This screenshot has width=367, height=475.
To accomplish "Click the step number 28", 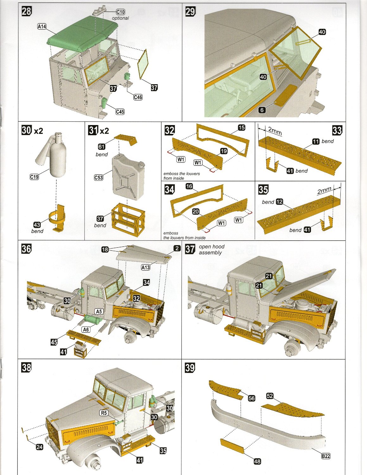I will (27, 11).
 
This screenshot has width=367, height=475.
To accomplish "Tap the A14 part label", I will (42, 27).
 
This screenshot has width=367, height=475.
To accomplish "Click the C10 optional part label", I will (121, 12).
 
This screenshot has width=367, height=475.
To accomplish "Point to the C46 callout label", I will (138, 97).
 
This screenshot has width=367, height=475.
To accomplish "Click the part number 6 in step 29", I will (262, 110).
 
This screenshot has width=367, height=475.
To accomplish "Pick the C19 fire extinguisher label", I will (34, 177).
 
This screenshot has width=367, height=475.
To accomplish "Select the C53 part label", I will (98, 178).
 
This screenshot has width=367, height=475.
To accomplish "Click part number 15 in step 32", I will (242, 127).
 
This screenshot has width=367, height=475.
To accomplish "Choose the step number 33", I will (337, 130).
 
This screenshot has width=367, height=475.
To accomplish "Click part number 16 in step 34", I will (189, 186).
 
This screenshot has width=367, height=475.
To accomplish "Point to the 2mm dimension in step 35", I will (324, 191).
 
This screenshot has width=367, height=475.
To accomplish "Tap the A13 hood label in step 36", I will (145, 267).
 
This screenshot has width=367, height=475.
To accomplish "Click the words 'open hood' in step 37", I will (212, 246).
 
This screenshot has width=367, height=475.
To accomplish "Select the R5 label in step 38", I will (104, 413).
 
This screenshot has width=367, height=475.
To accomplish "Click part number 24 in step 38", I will (39, 447).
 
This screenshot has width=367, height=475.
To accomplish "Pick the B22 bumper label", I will (326, 456).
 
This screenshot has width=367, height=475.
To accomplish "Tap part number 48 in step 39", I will (257, 461).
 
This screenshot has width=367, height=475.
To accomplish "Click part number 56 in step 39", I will (251, 398).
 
